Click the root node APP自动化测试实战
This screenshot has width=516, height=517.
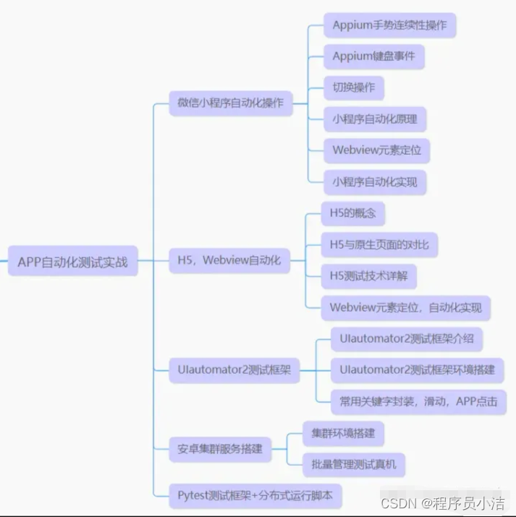[x=72, y=261]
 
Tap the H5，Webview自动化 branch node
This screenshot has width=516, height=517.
[x=229, y=260]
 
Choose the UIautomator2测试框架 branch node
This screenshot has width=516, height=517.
[x=234, y=369]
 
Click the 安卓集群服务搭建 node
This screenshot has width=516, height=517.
[x=220, y=448]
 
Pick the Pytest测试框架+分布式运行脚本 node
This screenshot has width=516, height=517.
[x=255, y=495]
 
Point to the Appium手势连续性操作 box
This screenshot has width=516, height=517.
[x=389, y=25]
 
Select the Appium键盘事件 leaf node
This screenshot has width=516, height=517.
[x=373, y=56]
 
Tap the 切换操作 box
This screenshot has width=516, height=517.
[x=353, y=87]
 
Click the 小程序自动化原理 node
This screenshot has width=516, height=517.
[x=374, y=119]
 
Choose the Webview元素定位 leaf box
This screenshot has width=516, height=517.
[x=376, y=150]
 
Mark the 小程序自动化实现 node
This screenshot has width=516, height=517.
[x=374, y=181]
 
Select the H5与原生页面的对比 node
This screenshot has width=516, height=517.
[x=378, y=244]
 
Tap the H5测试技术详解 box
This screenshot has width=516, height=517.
[x=368, y=275]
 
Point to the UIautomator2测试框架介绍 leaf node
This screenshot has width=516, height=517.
[x=407, y=338]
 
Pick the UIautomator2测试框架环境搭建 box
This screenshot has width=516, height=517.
[x=417, y=369]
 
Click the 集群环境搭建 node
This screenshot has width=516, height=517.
[x=343, y=433]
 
